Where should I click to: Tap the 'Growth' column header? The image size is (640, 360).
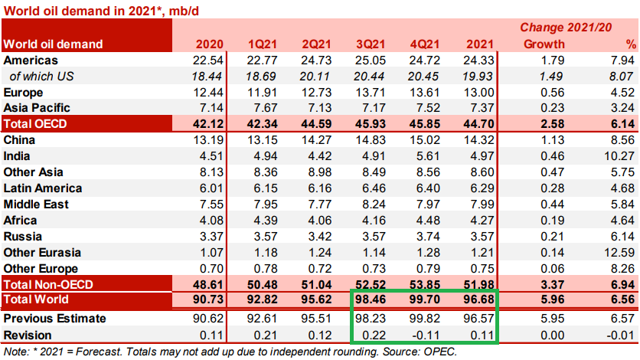[x=544, y=44]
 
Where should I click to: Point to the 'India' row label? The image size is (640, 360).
[x=18, y=156]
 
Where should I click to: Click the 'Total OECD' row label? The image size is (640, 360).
[x=35, y=124]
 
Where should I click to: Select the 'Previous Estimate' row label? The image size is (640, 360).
[x=54, y=319]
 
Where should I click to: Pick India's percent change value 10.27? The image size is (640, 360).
[x=619, y=156]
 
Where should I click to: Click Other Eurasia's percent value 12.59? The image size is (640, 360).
[x=619, y=253]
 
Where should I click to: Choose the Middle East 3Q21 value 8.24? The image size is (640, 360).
[x=374, y=205]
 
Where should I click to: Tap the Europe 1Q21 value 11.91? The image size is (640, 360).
[x=263, y=92]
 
